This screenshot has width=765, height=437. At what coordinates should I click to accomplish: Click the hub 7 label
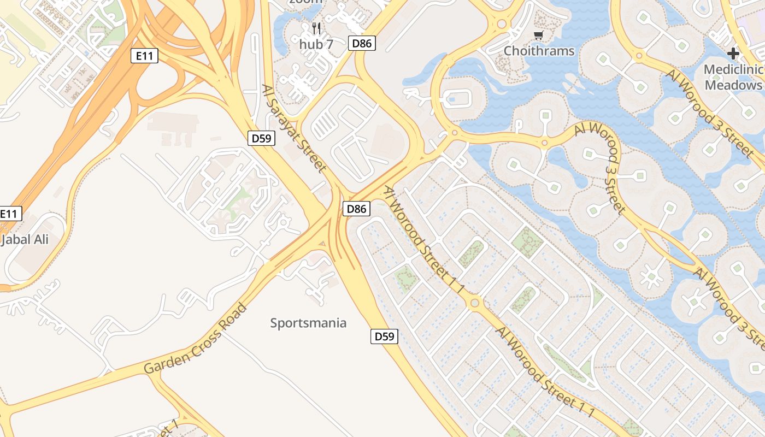tap(316, 44)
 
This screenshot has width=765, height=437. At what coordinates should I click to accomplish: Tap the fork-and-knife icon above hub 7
tap(316, 28)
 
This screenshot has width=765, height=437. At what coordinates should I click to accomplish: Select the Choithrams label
tap(539, 51)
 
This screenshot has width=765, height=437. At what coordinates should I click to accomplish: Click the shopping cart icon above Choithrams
tap(539, 36)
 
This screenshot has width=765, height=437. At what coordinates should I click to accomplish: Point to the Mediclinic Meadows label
tap(733, 77)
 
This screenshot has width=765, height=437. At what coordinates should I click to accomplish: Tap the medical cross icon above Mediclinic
tap(733, 54)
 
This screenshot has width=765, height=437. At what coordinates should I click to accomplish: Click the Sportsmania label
tap(308, 323)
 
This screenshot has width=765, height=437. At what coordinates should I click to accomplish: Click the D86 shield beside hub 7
tap(362, 43)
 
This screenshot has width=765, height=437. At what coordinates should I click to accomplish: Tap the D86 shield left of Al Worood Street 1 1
tap(356, 208)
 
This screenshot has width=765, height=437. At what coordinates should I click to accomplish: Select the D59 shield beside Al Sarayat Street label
tap(261, 138)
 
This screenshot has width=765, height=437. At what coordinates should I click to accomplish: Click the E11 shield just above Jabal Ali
tap(9, 214)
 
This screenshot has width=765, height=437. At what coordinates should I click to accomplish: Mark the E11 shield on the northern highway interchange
tap(144, 55)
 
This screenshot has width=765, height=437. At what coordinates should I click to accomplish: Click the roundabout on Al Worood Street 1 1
tap(474, 302)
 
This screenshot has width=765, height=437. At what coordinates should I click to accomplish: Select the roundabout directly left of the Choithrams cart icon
tap(501, 25)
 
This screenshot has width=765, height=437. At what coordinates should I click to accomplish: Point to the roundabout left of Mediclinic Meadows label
tap(639, 55)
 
